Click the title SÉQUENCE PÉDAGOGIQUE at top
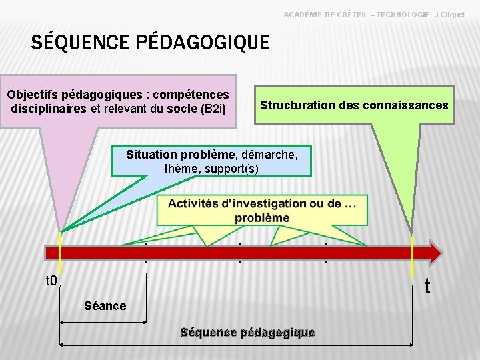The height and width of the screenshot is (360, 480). pyautogui.click(x=151, y=43)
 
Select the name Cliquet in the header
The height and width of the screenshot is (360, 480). pyautogui.click(x=451, y=14)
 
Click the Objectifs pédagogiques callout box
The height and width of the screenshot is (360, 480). pyautogui.click(x=119, y=101)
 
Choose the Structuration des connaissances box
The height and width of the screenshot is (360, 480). pyautogui.click(x=354, y=105)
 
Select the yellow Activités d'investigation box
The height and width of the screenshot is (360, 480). pyautogui.click(x=262, y=210)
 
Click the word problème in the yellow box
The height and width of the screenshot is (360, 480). pyautogui.click(x=262, y=218)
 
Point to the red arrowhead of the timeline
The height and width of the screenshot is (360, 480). pyautogui.click(x=432, y=253)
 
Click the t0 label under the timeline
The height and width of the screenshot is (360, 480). pyautogui.click(x=51, y=281)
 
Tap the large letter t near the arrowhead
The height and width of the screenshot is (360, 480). pyautogui.click(x=427, y=286)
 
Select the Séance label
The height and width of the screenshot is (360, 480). pyautogui.click(x=105, y=306)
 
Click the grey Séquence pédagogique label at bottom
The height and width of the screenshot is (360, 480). pyautogui.click(x=247, y=332)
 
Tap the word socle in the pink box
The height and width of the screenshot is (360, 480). pyautogui.click(x=183, y=109)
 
